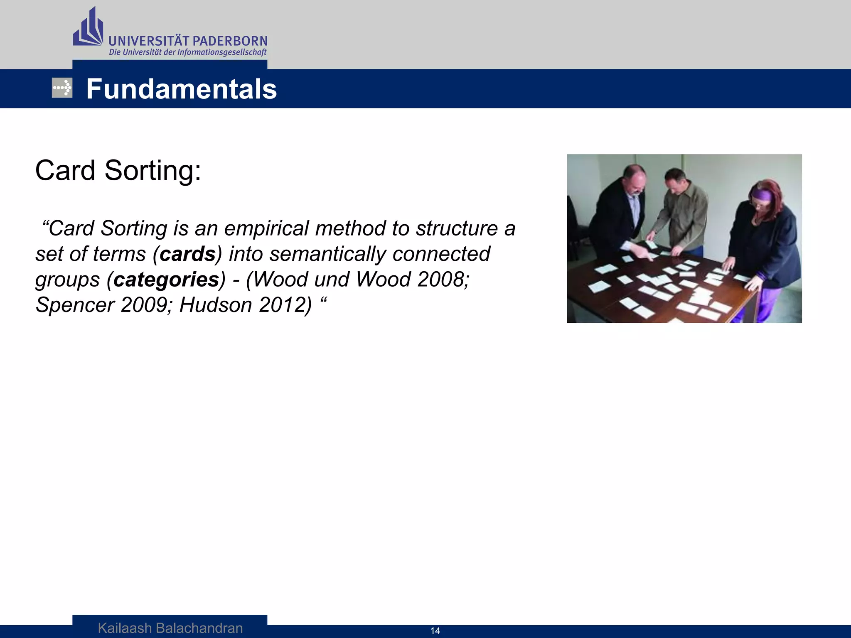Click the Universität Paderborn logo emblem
(88, 28)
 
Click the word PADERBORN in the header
(230, 41)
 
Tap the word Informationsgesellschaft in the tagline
(221, 52)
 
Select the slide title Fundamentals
(181, 89)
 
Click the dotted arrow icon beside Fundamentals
(62, 88)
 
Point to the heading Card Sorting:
(118, 170)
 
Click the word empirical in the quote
(266, 228)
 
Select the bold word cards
(188, 254)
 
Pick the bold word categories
(166, 280)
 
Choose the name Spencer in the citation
(75, 305)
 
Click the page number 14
(435, 631)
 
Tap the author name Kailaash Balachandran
(170, 628)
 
